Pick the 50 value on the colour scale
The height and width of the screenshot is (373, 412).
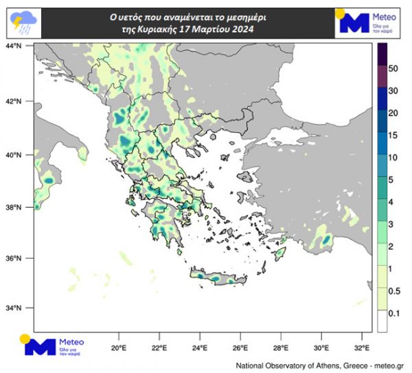coord(393,69)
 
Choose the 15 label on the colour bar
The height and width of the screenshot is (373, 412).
coord(393,136)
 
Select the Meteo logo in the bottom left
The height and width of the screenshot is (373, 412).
coord(55,345)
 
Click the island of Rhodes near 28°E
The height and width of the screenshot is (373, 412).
coord(279,254)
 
